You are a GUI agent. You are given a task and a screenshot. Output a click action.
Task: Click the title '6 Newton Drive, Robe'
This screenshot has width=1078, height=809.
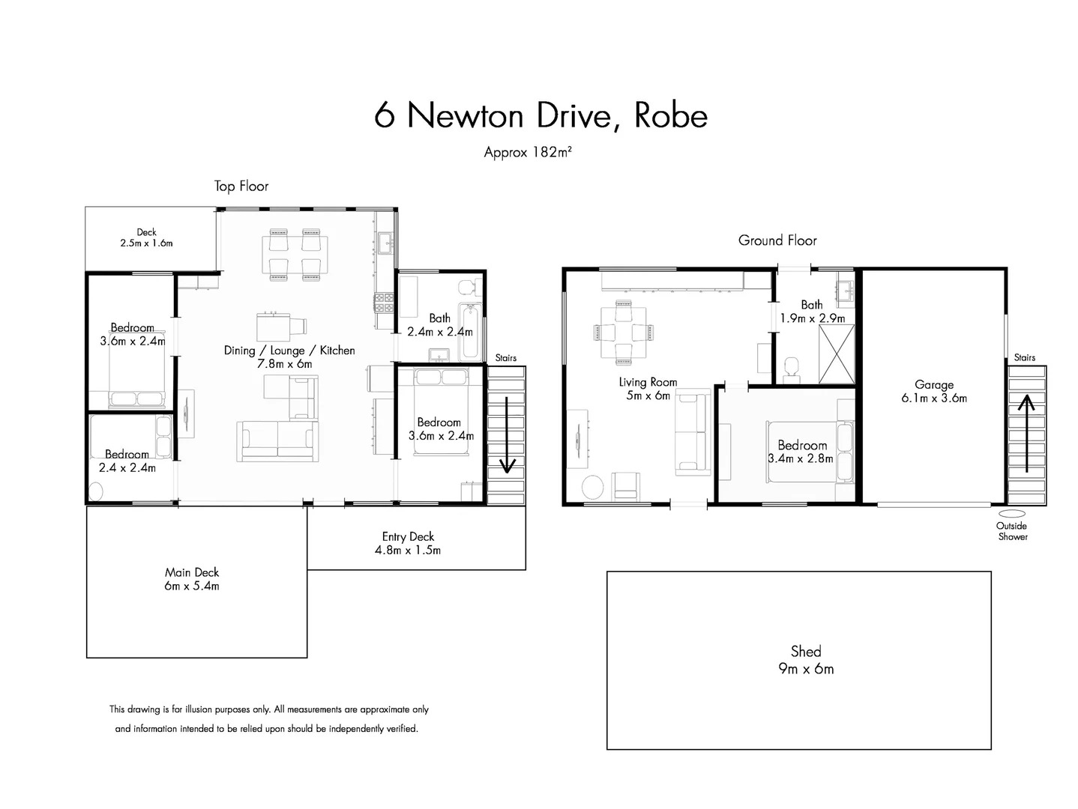[x=540, y=115]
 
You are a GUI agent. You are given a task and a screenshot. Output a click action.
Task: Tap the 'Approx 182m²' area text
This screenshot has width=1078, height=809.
[x=528, y=152]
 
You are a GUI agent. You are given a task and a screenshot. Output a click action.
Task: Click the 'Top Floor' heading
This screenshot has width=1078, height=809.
[x=241, y=187]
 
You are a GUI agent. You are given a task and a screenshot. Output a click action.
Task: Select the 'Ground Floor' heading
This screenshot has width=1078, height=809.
[x=777, y=240]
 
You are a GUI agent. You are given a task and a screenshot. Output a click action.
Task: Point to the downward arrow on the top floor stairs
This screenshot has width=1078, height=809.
[x=507, y=434]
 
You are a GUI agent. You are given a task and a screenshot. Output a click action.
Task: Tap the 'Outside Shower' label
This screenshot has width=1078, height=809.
[x=1012, y=531]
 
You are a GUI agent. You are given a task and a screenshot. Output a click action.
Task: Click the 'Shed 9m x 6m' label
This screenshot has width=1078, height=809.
[x=806, y=660]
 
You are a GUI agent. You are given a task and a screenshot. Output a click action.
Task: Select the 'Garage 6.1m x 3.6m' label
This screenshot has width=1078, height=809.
[x=934, y=392]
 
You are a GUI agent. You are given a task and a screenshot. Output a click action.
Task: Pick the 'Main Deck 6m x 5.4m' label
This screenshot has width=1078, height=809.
[x=192, y=579]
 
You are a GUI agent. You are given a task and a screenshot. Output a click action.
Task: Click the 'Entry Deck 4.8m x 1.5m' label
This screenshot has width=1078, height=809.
[x=408, y=543]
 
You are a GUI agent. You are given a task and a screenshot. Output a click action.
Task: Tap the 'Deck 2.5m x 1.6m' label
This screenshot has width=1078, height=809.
[x=146, y=237]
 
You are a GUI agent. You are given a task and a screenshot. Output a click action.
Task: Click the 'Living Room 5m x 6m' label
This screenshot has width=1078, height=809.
[x=648, y=388]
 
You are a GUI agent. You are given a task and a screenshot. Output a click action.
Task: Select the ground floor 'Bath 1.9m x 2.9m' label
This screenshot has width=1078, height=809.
[x=812, y=311]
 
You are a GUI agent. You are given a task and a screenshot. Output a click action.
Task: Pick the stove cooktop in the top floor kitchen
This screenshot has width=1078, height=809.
[x=385, y=302]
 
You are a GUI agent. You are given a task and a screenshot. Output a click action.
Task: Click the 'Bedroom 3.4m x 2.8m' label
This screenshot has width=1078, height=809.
[x=801, y=451]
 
